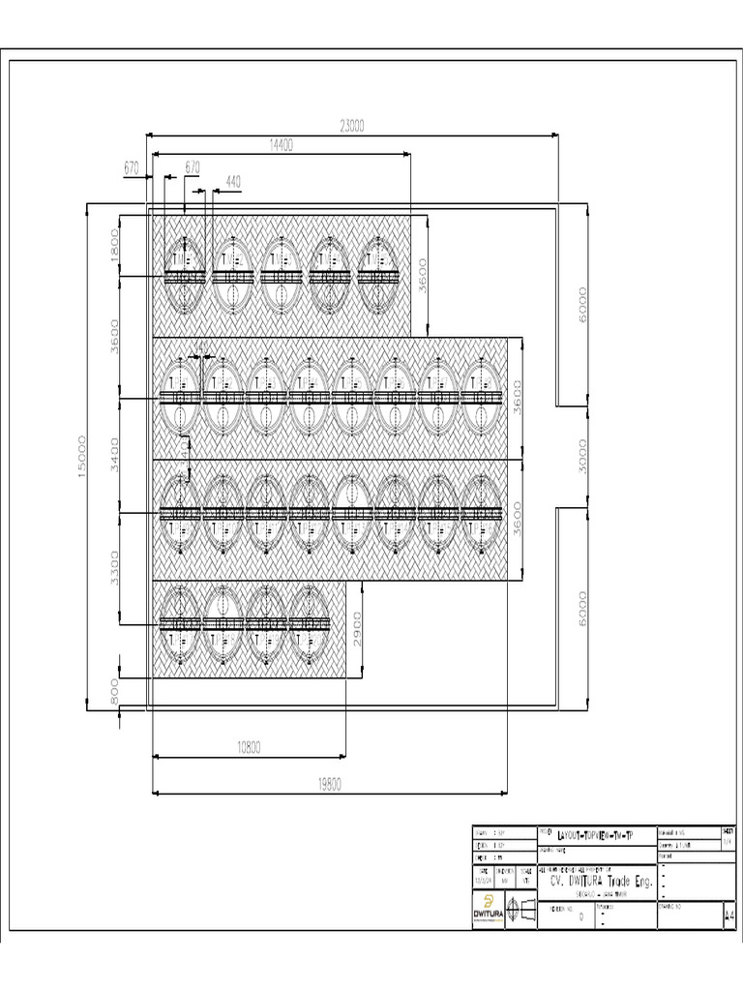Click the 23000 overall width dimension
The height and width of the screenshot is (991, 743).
[x=351, y=125]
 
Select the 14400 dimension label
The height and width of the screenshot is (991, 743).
[x=282, y=144]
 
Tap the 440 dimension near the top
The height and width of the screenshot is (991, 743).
[x=233, y=181]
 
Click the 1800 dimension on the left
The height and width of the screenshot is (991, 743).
[x=113, y=245]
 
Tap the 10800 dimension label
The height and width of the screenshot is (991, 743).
[x=250, y=746]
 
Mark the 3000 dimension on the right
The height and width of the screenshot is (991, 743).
[x=582, y=455]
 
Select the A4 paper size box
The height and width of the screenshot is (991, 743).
[x=728, y=915]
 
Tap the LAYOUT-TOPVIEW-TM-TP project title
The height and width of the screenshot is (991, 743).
[x=594, y=834]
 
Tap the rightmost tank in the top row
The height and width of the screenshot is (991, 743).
[x=377, y=276]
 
